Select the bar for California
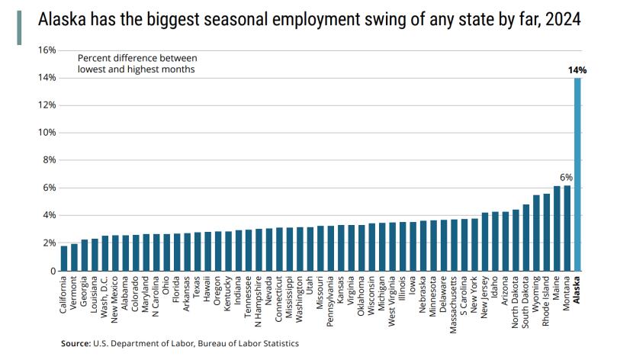tap(64, 258)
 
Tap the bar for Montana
tap(567, 228)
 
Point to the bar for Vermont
tap(74, 257)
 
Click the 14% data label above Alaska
tap(577, 70)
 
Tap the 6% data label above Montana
tap(567, 177)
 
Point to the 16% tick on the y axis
tap(47, 50)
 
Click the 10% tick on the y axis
tap(47, 133)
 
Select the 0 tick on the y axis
tap(52, 271)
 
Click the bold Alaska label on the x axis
tap(577, 290)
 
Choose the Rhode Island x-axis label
tap(547, 302)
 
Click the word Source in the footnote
tap(76, 344)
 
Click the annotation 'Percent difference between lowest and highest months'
tap(137, 63)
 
